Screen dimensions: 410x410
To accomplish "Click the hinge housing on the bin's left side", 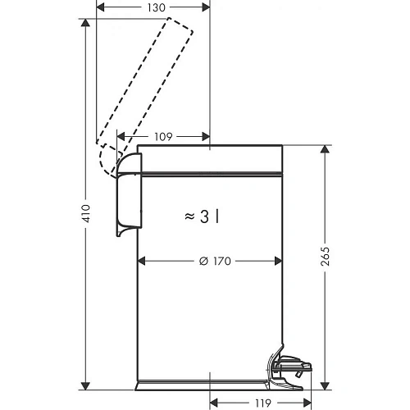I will (x=128, y=197).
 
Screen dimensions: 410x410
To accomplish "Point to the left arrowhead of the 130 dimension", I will (x=101, y=7).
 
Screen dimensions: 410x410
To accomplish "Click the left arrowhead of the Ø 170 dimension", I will (x=141, y=262).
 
